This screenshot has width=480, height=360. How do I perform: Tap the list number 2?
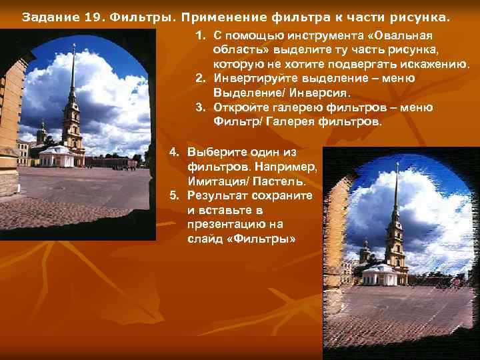click(199, 78)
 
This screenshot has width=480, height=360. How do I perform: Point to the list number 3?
click(199, 107)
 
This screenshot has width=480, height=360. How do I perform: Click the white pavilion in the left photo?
click(57, 157)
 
